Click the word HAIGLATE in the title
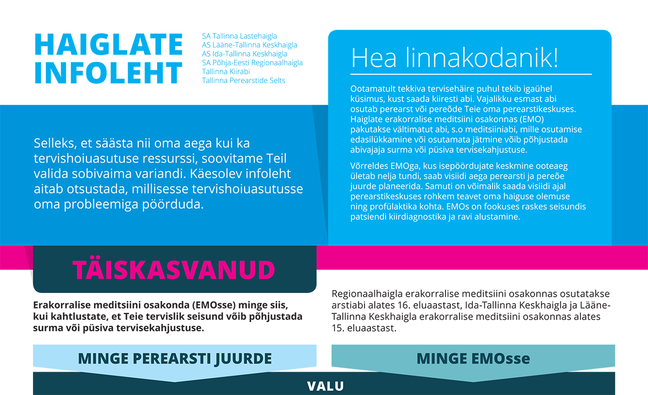(x=109, y=44)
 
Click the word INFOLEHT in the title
(x=109, y=73)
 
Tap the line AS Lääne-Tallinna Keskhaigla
(x=249, y=45)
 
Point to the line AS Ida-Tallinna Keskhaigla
(x=245, y=54)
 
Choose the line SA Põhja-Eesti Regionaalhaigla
(x=252, y=63)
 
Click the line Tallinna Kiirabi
(x=226, y=71)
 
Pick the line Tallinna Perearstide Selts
(x=244, y=81)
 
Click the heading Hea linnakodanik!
(x=455, y=57)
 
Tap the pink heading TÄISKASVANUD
(x=174, y=269)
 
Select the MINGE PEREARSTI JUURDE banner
(x=174, y=358)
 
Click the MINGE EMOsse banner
(x=473, y=358)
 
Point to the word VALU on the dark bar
(x=325, y=386)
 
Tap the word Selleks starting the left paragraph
(x=55, y=144)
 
